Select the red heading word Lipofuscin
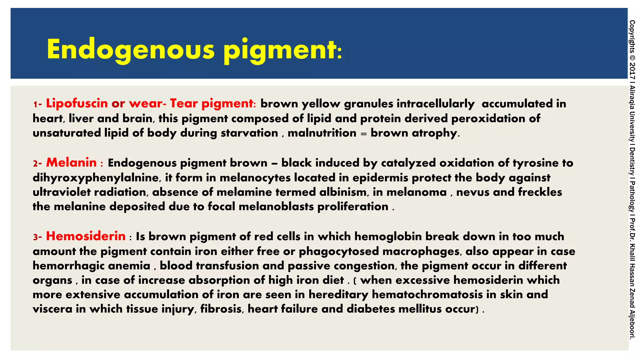(x=77, y=103)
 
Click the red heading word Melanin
(x=72, y=163)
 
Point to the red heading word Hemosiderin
(x=86, y=236)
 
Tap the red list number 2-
(x=37, y=163)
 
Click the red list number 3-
(x=37, y=237)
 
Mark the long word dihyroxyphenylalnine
(x=97, y=178)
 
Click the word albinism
(x=343, y=192)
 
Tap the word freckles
(x=540, y=192)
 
